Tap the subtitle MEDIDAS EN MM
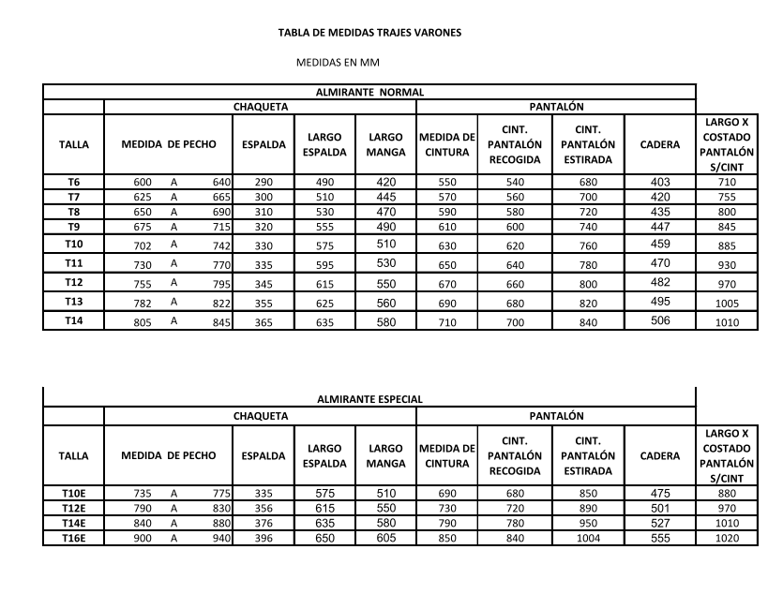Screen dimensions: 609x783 (337, 64)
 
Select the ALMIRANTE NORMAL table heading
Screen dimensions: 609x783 (369, 93)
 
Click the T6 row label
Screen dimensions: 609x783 (73, 181)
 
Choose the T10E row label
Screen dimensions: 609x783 (73, 493)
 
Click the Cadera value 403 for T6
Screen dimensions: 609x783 (660, 181)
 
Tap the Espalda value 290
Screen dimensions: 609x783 (264, 181)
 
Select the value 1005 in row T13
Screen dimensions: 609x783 (726, 304)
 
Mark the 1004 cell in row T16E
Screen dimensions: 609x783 (587, 538)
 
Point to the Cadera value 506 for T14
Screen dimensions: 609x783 (660, 320)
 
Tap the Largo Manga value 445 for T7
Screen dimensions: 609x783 (385, 197)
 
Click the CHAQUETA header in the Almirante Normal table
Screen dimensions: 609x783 (260, 108)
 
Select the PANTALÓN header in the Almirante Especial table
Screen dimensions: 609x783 (556, 415)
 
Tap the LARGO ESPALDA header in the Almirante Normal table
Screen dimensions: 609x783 (324, 145)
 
